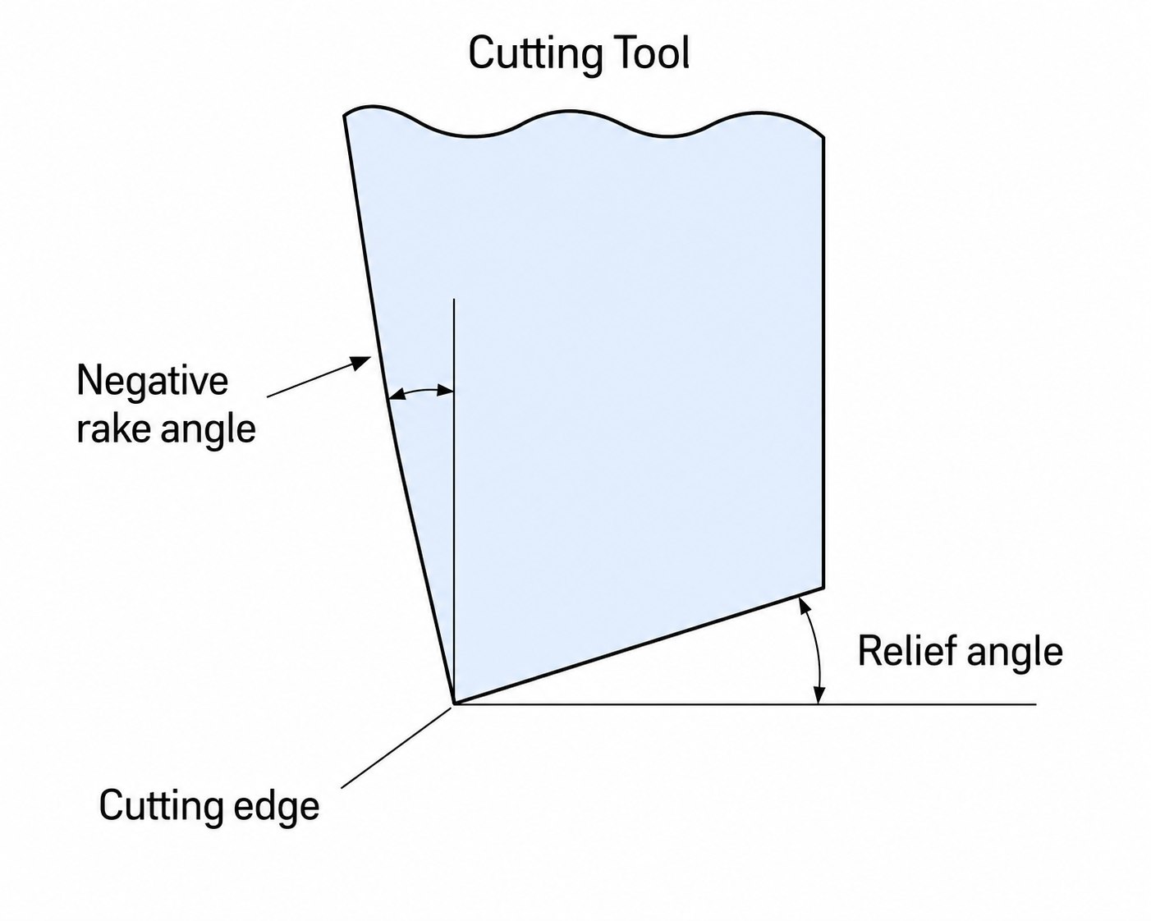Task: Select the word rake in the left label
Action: tap(113, 429)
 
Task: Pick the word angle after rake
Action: tap(208, 432)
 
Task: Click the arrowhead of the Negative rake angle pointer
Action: tap(361, 362)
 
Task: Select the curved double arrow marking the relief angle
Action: tap(813, 650)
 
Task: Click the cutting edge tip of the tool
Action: tap(454, 703)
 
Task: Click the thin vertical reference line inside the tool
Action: tap(454, 502)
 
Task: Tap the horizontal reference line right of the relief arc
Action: tap(928, 704)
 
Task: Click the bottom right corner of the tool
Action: tap(823, 588)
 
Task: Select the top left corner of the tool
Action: tap(344, 115)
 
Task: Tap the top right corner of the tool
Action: tap(823, 137)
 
